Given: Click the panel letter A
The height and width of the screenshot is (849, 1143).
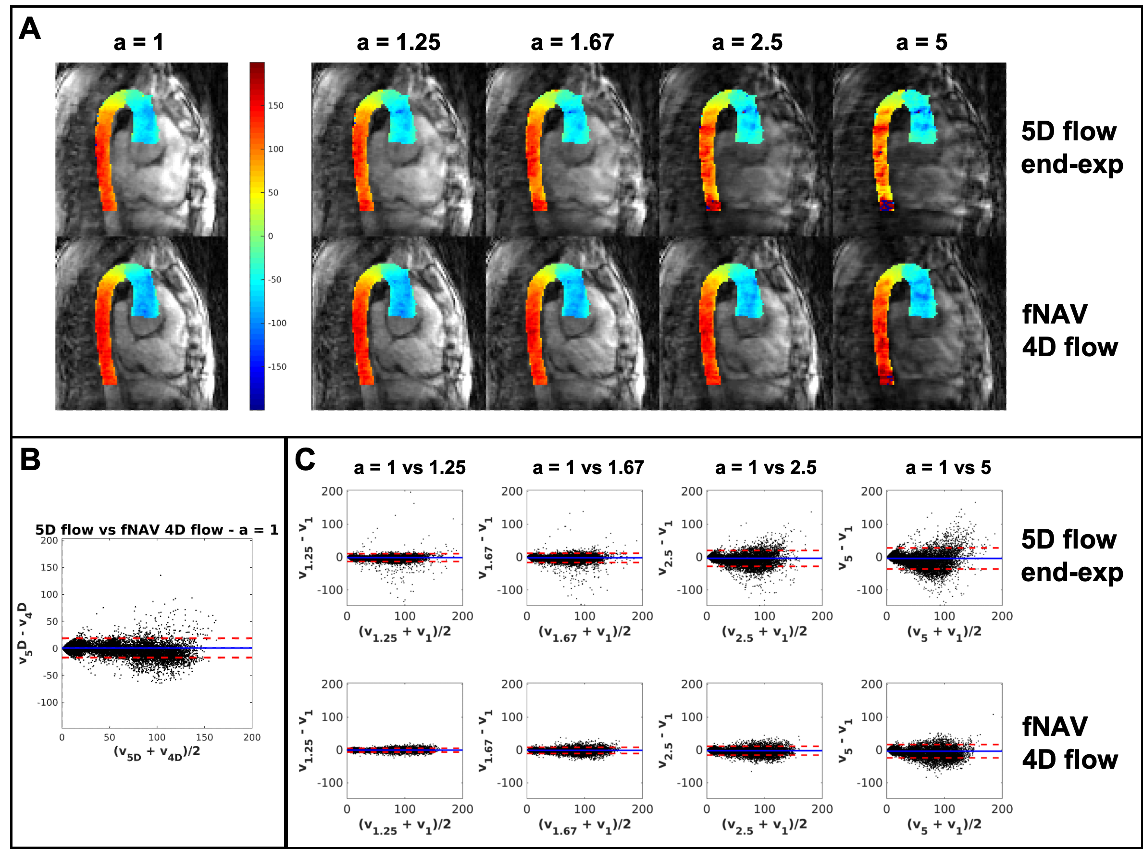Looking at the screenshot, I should pos(29,29).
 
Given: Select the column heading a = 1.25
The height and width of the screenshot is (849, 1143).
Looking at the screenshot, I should pos(398,43).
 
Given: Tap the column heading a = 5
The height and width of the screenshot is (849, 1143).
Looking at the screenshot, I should pos(921,43).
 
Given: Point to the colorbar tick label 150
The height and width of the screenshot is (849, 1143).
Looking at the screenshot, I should pos(275,105).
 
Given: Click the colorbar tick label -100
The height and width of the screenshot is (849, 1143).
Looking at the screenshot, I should pos(277,323).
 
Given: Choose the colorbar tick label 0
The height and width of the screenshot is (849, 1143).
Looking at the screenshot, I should pos(271,237).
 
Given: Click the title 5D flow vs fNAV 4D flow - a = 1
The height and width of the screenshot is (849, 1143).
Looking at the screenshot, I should pos(157,530).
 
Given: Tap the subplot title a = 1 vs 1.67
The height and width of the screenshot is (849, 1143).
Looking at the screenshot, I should pos(588,468).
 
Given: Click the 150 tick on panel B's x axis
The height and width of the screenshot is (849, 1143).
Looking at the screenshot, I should pos(204,737).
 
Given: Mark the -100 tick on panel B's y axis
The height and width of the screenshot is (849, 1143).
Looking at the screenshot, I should pos(47,702).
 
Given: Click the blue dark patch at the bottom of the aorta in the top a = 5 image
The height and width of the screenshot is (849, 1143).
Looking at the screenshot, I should pos(887,206).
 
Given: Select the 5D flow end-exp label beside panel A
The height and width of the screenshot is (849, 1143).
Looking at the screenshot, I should pos(1071,148).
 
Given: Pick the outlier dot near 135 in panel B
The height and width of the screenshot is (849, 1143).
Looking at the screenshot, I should pos(160,575).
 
